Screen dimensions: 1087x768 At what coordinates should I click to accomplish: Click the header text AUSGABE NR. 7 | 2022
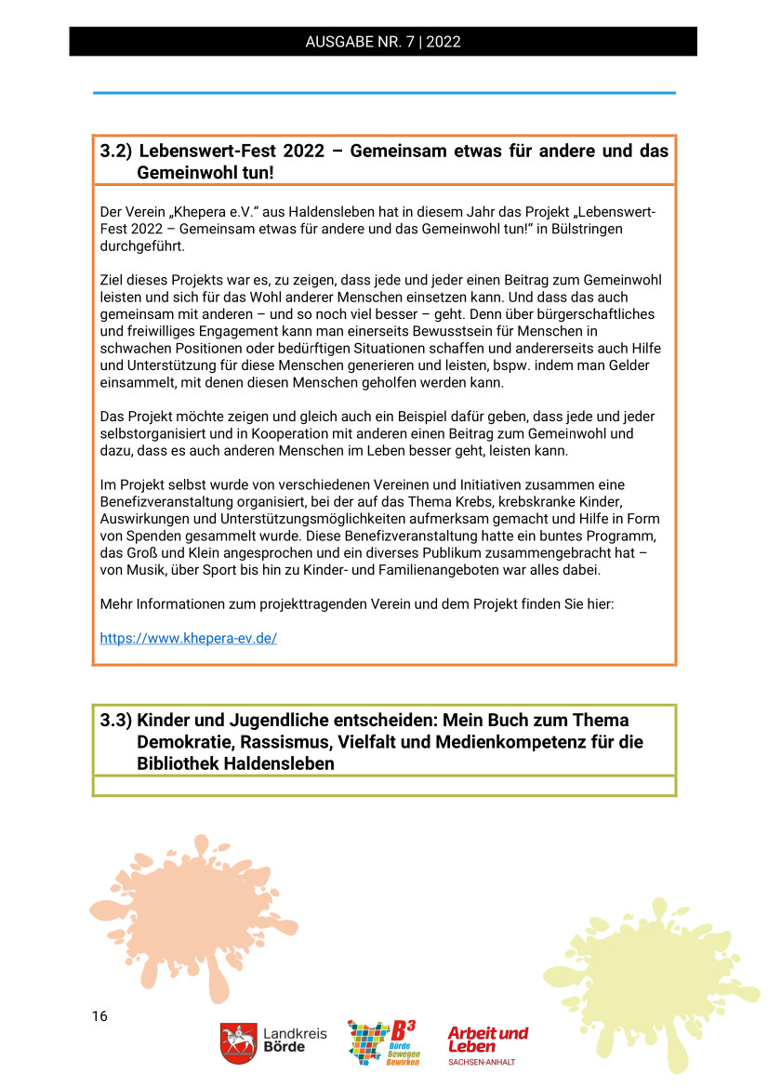(383, 42)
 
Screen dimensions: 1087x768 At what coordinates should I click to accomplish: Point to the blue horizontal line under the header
(383, 93)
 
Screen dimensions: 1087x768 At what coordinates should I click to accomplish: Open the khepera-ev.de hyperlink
(189, 639)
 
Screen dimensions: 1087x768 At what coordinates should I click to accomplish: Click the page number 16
(99, 1016)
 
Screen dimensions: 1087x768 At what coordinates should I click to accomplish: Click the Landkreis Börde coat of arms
(238, 1043)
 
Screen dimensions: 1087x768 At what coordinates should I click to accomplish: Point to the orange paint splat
(191, 916)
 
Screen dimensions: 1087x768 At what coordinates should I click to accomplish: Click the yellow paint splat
(651, 976)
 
